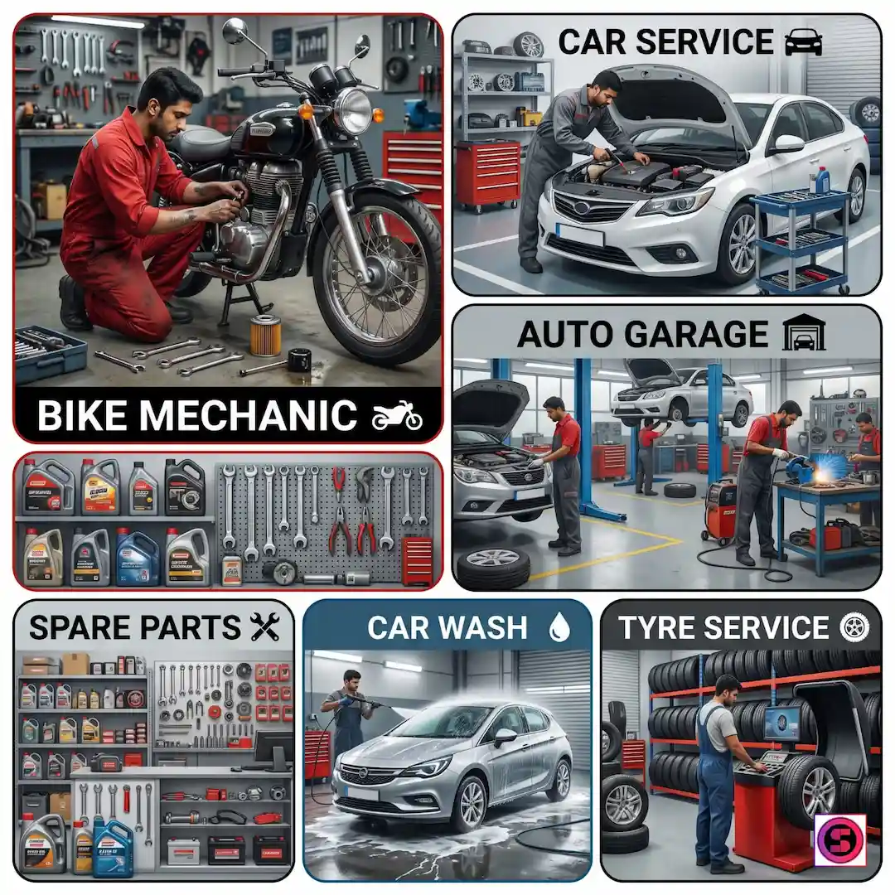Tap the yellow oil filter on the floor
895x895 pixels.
click(265, 335)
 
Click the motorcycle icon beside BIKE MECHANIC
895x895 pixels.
click(397, 414)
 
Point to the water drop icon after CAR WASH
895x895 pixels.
click(559, 628)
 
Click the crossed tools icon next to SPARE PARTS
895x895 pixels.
click(265, 627)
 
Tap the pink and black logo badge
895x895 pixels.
click(841, 838)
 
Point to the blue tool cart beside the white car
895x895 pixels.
click(800, 240)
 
